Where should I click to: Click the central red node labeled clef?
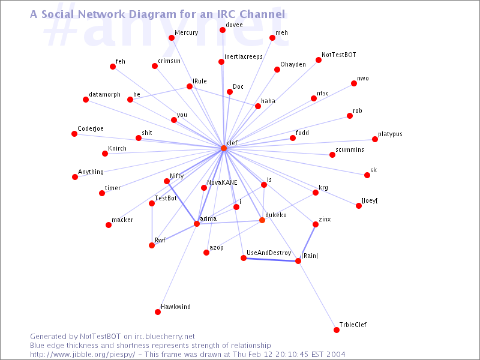pyautogui.click(x=224, y=148)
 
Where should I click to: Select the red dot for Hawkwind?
pyautogui.click(x=158, y=312)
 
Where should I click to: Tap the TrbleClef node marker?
pyautogui.click(x=337, y=330)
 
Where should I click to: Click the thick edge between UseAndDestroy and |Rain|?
pyautogui.click(x=271, y=260)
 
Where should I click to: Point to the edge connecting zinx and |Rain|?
pyautogui.click(x=307, y=243)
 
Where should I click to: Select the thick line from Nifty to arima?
pyautogui.click(x=182, y=203)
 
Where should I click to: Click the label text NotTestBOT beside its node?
pyautogui.click(x=338, y=55)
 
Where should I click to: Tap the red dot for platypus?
pyautogui.click(x=375, y=139)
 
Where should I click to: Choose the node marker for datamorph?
pyautogui.click(x=86, y=100)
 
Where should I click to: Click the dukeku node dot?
pyautogui.click(x=262, y=220)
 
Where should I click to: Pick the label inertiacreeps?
pyautogui.click(x=244, y=56)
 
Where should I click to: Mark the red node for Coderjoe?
pyautogui.click(x=74, y=134)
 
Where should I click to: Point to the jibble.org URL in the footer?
pyautogui.click(x=82, y=355)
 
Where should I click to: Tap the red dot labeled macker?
pyautogui.click(x=109, y=225)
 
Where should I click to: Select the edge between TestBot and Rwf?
pyautogui.click(x=152, y=224)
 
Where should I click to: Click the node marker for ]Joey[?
pyautogui.click(x=359, y=206)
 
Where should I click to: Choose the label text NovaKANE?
pyautogui.click(x=222, y=182)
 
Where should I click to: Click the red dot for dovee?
pyautogui.click(x=223, y=30)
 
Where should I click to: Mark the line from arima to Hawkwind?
pyautogui.click(x=177, y=268)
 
